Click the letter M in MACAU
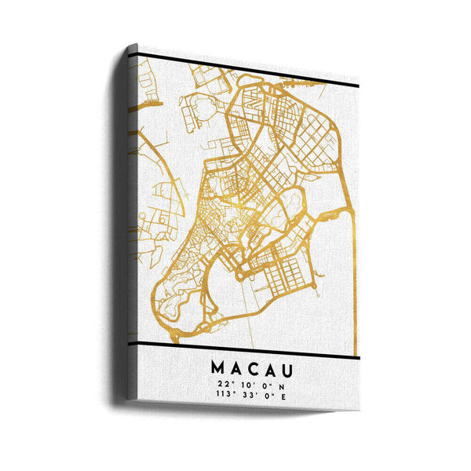pyautogui.click(x=217, y=367)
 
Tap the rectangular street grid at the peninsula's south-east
pyautogui.click(x=283, y=272)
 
